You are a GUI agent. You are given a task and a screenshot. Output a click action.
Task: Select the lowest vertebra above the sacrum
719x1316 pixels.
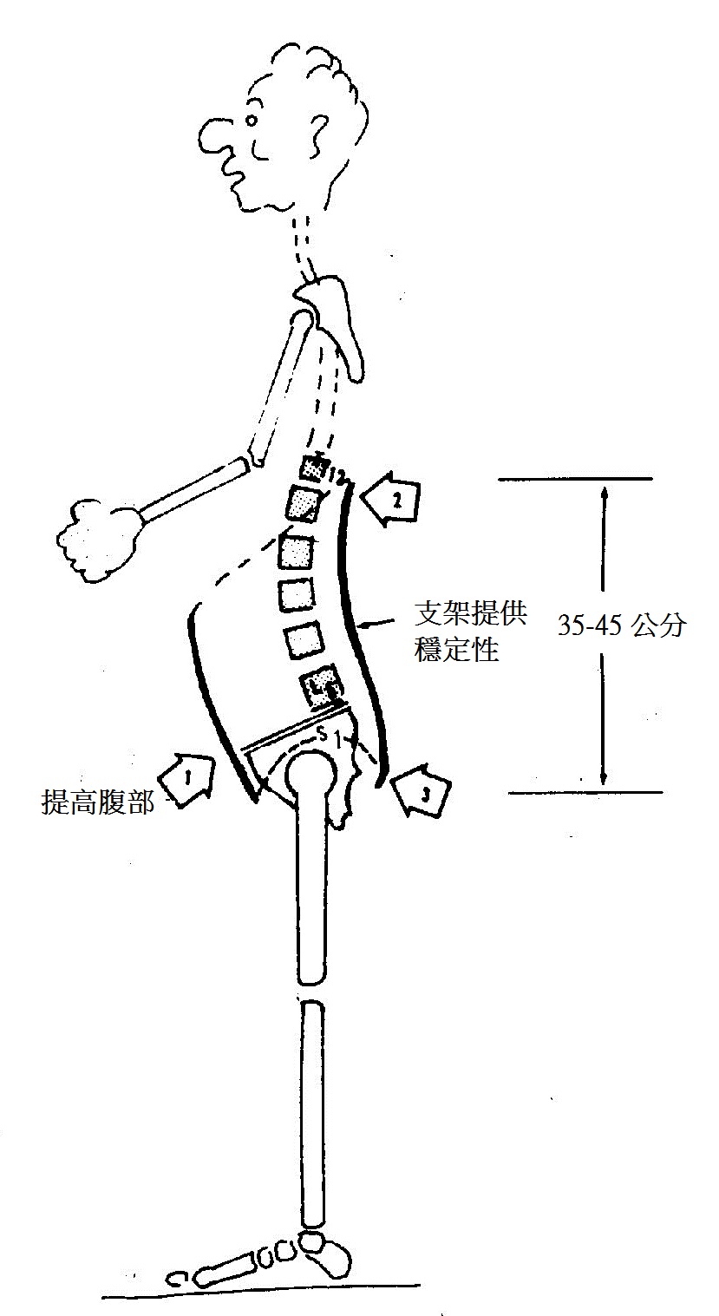(x=319, y=684)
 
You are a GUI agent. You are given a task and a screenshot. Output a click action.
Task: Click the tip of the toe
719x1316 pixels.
(x=178, y=1278)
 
